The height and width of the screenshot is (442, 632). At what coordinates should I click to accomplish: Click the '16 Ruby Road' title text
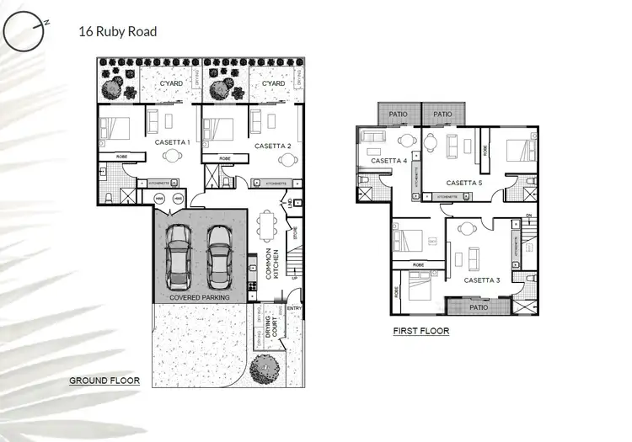(x=117, y=32)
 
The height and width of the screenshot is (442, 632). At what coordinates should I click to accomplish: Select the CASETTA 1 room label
(x=172, y=143)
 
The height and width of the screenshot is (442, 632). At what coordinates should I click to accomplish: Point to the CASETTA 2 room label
(x=273, y=146)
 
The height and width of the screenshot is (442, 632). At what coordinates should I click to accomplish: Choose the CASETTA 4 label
(x=388, y=160)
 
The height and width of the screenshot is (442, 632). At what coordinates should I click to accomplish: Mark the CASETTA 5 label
(x=464, y=183)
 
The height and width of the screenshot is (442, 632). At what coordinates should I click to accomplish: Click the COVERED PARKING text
(x=201, y=297)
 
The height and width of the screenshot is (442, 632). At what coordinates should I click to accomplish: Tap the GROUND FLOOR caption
(x=104, y=381)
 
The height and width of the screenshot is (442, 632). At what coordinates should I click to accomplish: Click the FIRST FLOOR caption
(x=420, y=332)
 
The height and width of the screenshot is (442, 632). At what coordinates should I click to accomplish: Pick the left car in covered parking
(x=179, y=260)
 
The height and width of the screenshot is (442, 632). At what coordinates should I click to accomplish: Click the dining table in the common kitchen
(x=267, y=225)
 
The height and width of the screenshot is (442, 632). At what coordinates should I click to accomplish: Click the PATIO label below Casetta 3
(x=479, y=307)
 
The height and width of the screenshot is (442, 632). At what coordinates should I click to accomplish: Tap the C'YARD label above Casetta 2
(x=273, y=84)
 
